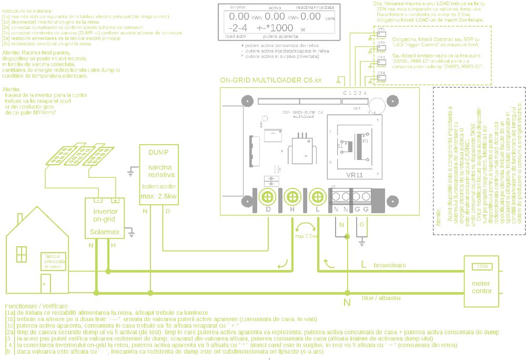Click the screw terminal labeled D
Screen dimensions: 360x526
point(268,197)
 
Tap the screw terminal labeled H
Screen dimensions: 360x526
point(292,197)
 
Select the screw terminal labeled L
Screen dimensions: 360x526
point(317,197)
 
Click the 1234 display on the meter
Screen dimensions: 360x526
point(482,267)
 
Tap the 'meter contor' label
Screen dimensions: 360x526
point(482,287)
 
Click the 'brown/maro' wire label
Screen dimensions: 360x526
point(390,265)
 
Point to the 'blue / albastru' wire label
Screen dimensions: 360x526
point(381,298)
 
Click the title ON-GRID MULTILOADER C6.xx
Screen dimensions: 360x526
point(270,81)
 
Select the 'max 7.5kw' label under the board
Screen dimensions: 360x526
point(306,236)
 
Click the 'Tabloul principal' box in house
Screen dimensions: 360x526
point(54,262)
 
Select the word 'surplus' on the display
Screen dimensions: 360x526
point(238,7)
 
